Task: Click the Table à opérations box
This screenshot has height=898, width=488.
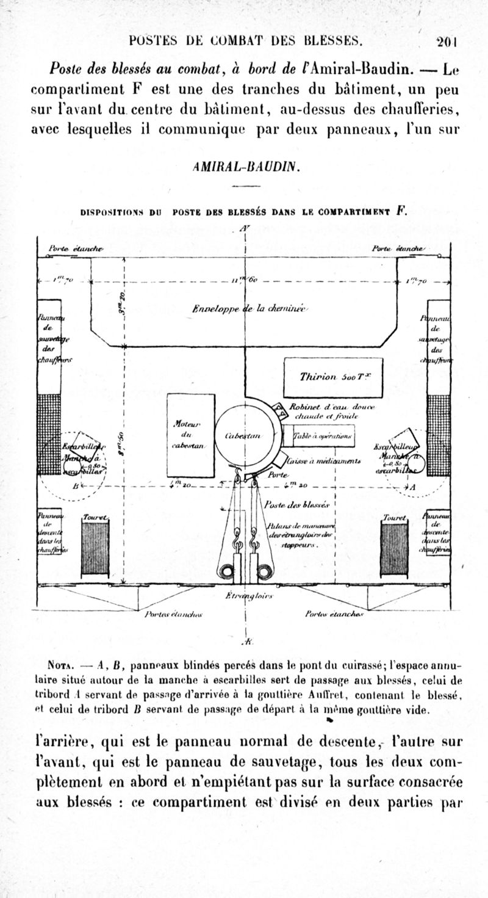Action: [318, 436]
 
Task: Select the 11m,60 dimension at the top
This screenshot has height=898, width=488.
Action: [248, 280]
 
